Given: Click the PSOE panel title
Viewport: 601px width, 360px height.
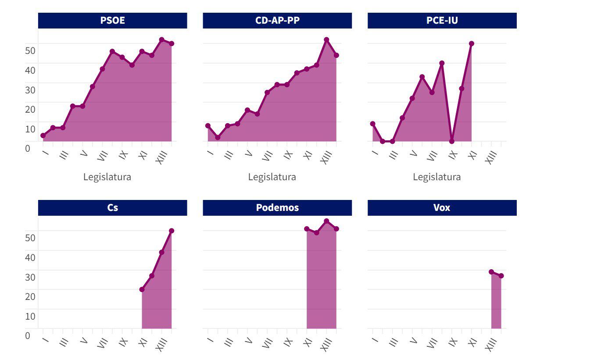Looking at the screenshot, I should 112,21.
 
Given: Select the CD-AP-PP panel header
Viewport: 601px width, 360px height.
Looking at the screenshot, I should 277,21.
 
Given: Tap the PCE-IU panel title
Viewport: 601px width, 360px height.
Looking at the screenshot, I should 442,21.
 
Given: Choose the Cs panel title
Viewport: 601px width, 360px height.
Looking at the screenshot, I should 112,208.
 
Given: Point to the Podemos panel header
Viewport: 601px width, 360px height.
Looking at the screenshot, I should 277,208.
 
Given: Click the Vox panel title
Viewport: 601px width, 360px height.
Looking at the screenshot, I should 442,208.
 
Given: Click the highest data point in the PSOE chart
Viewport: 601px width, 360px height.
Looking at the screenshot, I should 161,40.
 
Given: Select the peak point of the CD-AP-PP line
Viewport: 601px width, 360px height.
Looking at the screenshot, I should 326,40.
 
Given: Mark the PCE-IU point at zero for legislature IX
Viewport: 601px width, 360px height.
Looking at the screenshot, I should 452,141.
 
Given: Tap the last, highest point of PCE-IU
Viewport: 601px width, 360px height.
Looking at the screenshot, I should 472,43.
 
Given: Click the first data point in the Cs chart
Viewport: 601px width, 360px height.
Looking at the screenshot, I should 142,289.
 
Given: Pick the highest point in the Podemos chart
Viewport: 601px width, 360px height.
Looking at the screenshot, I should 326,221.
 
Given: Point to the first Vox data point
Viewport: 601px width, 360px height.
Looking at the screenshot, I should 491,272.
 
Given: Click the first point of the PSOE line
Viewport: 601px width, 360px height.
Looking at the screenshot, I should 43,135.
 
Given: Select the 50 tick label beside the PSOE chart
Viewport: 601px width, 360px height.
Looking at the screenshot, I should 30,50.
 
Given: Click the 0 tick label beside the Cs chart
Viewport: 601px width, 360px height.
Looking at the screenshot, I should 28,335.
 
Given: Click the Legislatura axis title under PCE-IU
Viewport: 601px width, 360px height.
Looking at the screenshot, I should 436,177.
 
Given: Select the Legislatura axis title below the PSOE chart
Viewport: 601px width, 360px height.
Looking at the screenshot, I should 107,177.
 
